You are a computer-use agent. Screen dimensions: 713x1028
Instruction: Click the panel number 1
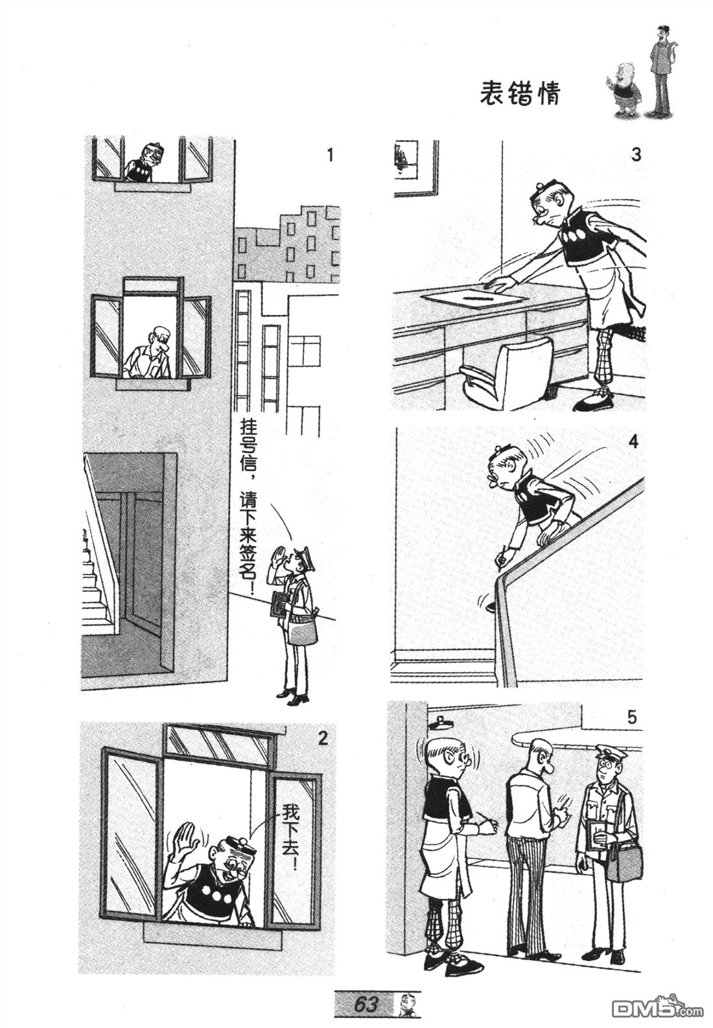click(x=329, y=156)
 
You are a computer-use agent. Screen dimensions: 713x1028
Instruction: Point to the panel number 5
click(x=632, y=717)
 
